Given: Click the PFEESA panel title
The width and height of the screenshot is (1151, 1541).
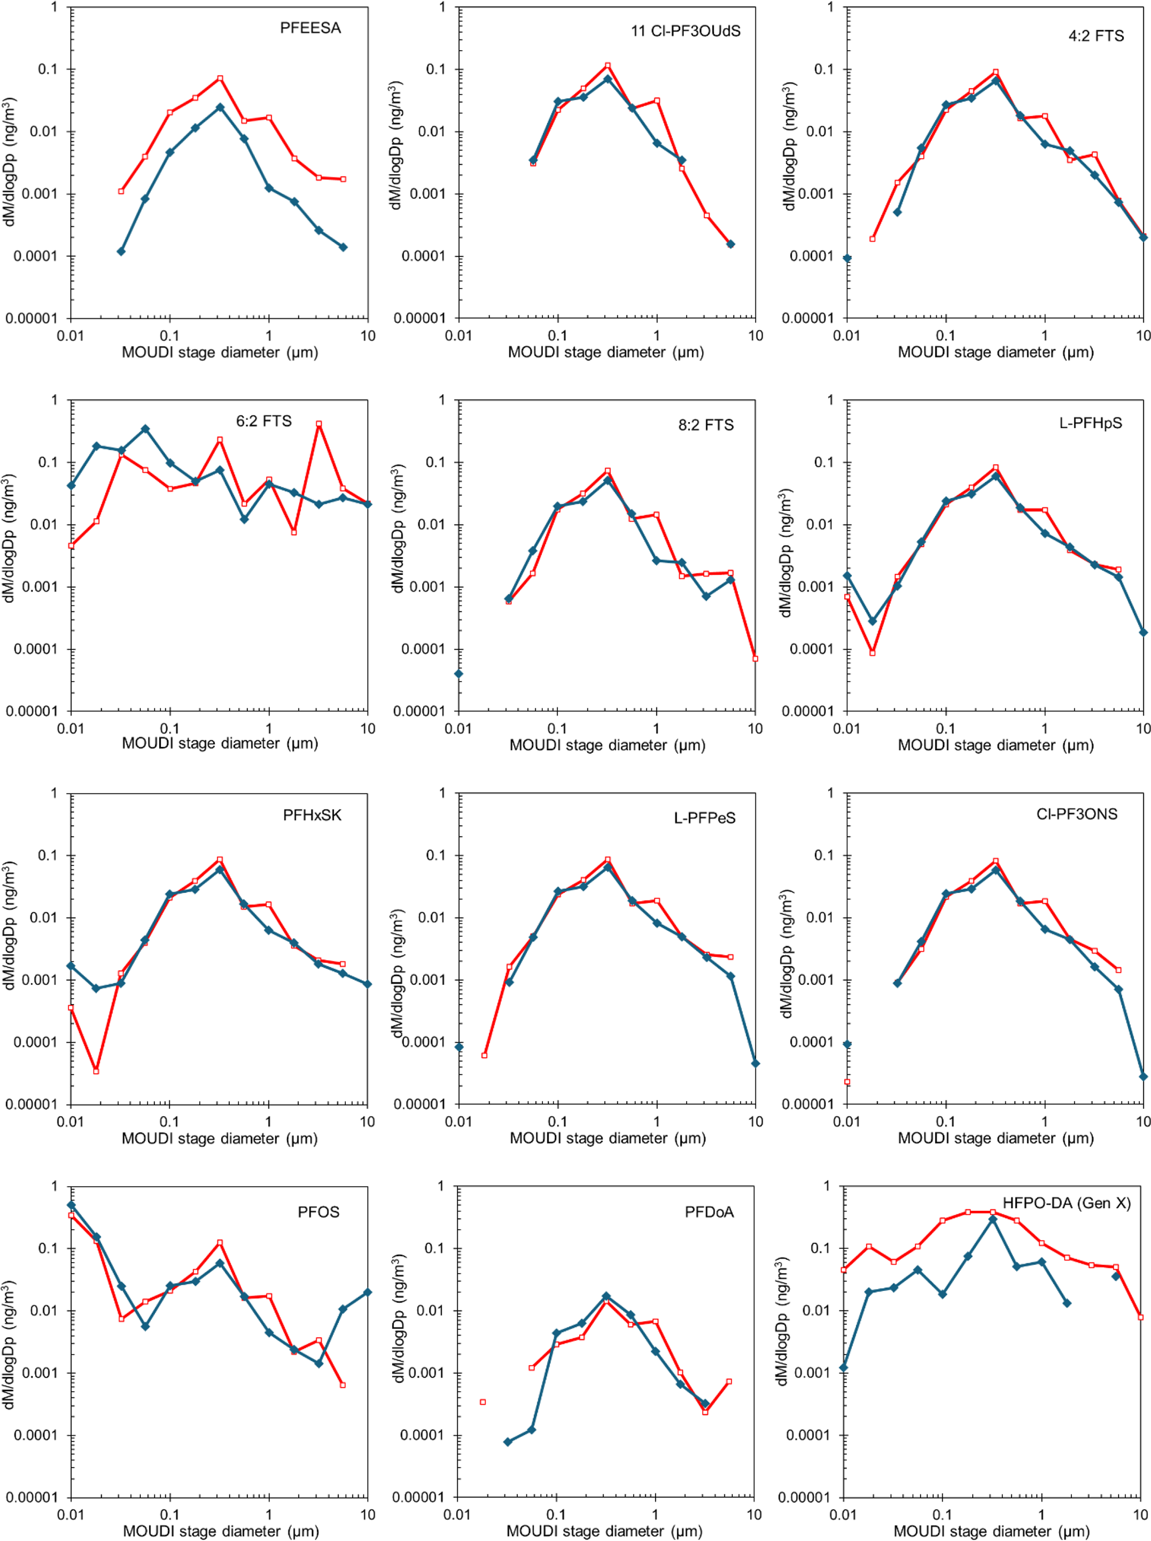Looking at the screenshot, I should (x=310, y=28).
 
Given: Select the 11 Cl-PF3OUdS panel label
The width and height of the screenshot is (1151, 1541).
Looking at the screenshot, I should (x=685, y=31).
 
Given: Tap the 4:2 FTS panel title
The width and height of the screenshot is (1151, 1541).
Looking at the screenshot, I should (x=1095, y=36).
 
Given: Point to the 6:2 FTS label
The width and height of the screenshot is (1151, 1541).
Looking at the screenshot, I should (x=263, y=422).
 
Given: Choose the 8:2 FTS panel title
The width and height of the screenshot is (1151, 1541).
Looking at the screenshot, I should (x=705, y=425).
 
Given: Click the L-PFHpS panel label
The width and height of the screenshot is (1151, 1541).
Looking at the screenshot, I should (x=1090, y=424).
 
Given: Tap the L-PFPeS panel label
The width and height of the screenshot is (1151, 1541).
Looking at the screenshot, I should (x=704, y=818).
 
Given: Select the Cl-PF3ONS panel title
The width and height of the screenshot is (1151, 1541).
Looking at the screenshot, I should (x=1076, y=814).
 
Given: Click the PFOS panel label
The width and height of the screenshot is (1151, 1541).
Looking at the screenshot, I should (x=319, y=1211).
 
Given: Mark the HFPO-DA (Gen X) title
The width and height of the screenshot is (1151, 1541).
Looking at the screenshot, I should (x=1066, y=1203).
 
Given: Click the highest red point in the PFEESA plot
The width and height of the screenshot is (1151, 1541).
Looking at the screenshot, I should (x=219, y=79).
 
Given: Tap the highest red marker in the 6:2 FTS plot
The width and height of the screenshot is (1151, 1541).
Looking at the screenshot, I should (x=319, y=424).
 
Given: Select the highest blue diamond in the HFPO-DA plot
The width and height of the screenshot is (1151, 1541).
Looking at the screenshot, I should (x=993, y=1219).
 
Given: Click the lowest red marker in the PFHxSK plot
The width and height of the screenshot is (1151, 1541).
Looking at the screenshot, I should (x=96, y=1071).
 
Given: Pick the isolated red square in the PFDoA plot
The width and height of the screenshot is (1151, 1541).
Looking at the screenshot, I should (x=483, y=1402).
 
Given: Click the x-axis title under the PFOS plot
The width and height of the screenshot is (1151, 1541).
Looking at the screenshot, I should (x=221, y=1531).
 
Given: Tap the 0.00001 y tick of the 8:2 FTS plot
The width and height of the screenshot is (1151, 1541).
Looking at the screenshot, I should (x=419, y=711).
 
